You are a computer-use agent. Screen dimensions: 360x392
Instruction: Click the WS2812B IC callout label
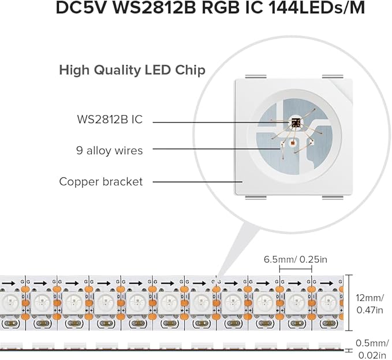109,120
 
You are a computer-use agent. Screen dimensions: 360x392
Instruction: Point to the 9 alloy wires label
109,150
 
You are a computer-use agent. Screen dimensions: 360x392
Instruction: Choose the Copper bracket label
100,181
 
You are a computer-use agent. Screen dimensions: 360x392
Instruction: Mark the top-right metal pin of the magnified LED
333,77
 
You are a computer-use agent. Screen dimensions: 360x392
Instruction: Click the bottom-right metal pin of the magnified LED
333,198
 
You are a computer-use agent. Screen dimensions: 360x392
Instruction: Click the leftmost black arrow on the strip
8,284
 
